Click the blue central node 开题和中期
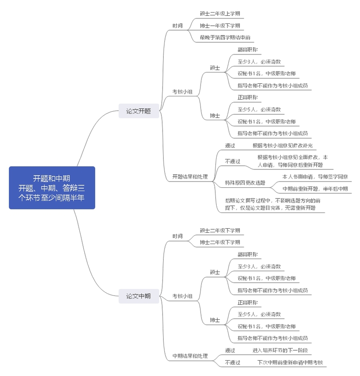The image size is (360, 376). pyautogui.click(x=52, y=187)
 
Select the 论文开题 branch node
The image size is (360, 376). pyautogui.click(x=138, y=111)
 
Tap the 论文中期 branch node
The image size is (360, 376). pyautogui.click(x=138, y=296)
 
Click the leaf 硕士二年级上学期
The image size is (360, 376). pyautogui.click(x=220, y=14)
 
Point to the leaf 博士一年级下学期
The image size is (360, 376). pyautogui.click(x=220, y=26)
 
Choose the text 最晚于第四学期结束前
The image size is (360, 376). pyautogui.click(x=225, y=37)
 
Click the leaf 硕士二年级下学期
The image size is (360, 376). pyautogui.click(x=220, y=231)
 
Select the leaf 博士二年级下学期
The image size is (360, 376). pyautogui.click(x=220, y=242)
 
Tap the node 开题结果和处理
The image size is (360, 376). pyautogui.click(x=190, y=177)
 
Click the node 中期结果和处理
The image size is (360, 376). pyautogui.click(x=190, y=356)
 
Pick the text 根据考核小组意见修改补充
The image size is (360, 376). pyautogui.click(x=283, y=145)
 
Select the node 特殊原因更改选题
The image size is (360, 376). pyautogui.click(x=245, y=183)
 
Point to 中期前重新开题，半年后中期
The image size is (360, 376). pyautogui.click(x=315, y=189)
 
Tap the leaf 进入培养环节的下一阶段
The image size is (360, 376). pyautogui.click(x=280, y=350)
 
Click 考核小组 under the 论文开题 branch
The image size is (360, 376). pyautogui.click(x=182, y=92)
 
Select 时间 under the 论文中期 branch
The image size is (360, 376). pyautogui.click(x=178, y=236)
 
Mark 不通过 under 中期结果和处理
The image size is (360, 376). pyautogui.click(x=232, y=362)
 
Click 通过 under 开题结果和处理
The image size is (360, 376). pyautogui.click(x=230, y=145)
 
